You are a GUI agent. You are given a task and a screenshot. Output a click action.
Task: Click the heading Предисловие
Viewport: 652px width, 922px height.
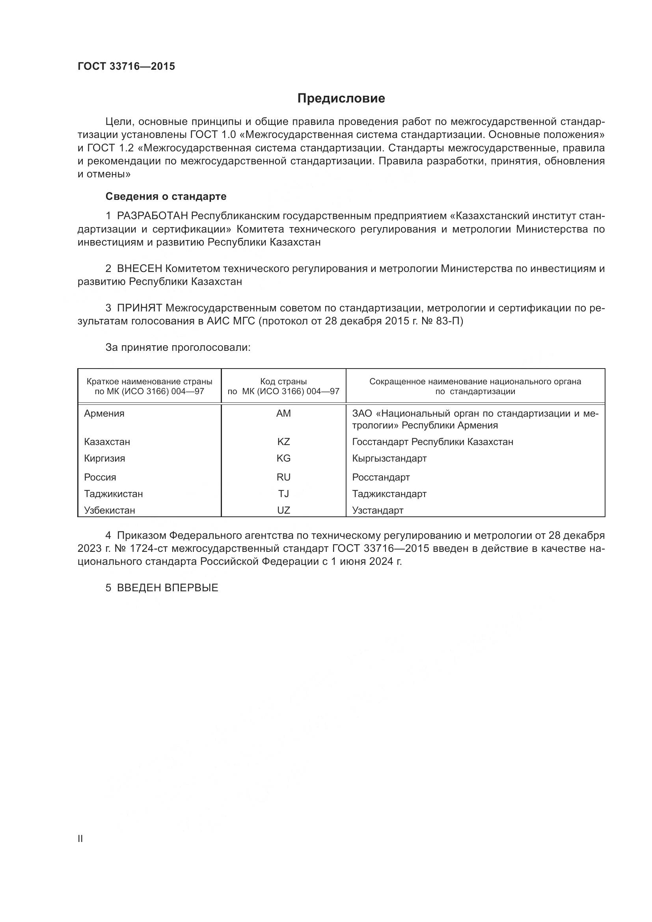click(341, 99)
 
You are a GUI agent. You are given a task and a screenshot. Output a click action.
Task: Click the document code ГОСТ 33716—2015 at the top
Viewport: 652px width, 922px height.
click(126, 67)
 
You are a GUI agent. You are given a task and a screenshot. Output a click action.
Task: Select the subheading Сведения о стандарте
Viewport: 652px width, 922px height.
click(166, 196)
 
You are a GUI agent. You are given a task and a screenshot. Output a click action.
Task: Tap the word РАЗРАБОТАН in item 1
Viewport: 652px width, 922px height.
click(152, 216)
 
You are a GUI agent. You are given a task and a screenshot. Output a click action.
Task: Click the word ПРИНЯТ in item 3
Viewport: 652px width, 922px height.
click(139, 308)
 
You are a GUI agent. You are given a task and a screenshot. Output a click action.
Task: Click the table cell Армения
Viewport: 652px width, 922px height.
click(104, 414)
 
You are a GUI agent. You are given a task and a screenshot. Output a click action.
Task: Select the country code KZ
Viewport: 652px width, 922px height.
click(283, 442)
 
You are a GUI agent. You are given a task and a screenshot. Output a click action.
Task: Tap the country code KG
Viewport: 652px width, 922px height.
click(283, 458)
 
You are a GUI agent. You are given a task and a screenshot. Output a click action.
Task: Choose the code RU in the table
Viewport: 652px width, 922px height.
click(283, 477)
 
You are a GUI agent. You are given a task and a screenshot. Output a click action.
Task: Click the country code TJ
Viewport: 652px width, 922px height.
click(283, 494)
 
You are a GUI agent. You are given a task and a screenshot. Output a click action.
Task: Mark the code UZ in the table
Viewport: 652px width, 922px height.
click(283, 510)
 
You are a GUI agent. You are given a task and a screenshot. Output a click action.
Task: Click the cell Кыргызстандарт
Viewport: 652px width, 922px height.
click(389, 458)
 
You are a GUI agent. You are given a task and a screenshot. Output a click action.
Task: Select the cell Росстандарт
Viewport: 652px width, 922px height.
click(381, 477)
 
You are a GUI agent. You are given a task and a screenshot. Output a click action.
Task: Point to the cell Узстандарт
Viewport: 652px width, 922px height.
click(377, 510)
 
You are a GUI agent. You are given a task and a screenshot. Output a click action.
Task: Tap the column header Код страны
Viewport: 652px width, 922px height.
click(283, 382)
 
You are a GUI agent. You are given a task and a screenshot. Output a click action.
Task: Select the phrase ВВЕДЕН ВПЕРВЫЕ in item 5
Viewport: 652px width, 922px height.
click(168, 588)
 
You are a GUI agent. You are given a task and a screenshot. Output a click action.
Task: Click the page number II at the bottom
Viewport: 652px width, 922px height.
click(80, 838)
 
